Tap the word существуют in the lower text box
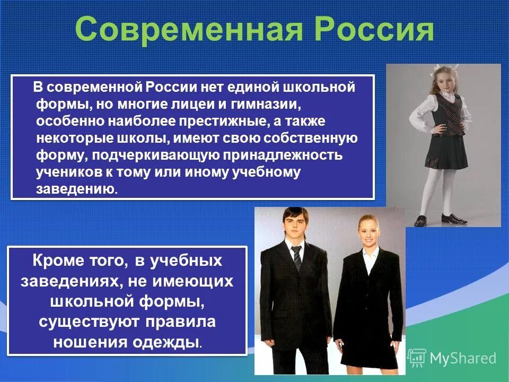coord(86,322)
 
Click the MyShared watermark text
coord(463,358)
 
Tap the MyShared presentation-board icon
coord(417,358)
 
